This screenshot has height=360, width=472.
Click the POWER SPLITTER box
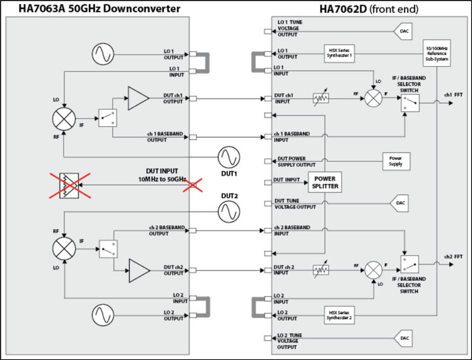[x=324, y=183]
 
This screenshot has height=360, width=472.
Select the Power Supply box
[x=396, y=161]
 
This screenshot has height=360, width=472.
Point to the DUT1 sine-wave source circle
[x=229, y=158]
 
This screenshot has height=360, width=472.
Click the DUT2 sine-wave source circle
[x=229, y=211]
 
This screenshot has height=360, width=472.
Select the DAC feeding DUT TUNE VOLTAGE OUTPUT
[x=399, y=203]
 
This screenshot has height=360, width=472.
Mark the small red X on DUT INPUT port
[x=193, y=184]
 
